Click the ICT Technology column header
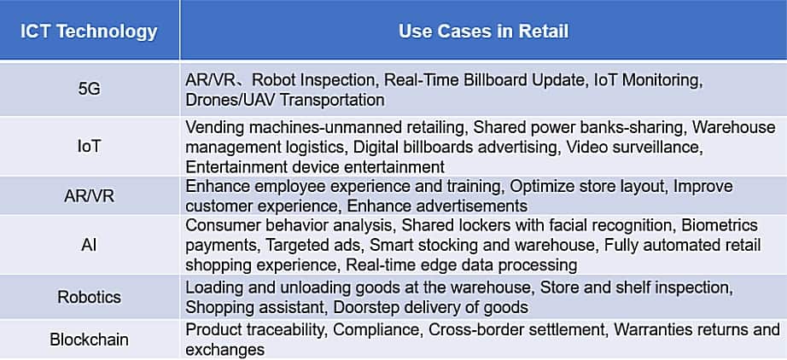click(89, 32)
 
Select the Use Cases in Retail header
click(483, 32)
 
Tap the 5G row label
click(90, 90)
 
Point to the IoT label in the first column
click(90, 147)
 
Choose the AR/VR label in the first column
click(90, 195)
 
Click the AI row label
click(90, 245)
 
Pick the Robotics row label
click(90, 297)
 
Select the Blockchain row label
click(90, 340)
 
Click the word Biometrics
click(720, 225)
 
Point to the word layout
click(641, 187)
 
